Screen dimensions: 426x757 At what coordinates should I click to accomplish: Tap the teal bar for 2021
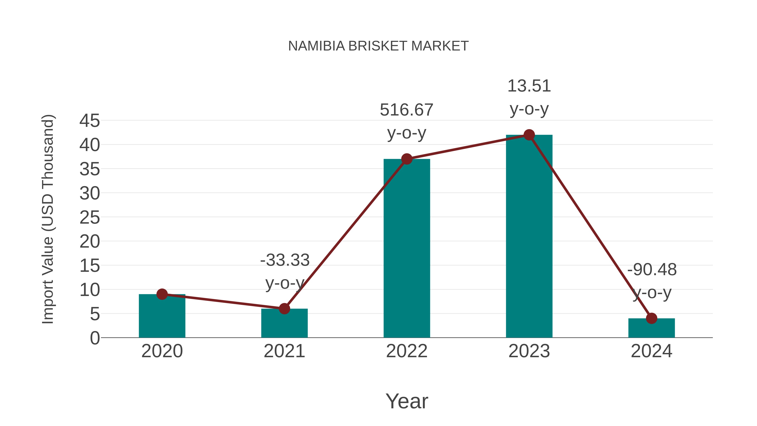(x=284, y=325)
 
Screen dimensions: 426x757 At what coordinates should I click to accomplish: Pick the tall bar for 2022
(x=406, y=250)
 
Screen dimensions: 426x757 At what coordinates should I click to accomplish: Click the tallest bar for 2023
(x=529, y=238)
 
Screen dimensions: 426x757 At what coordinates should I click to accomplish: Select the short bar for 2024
(x=651, y=329)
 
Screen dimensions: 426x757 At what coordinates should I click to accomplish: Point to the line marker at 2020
(x=162, y=294)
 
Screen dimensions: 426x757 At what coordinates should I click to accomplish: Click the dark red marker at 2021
(x=284, y=309)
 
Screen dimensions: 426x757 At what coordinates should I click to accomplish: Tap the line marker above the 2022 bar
(x=406, y=159)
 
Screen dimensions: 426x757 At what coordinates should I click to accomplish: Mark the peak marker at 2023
(x=529, y=135)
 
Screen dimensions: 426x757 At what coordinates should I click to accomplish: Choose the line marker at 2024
(x=651, y=318)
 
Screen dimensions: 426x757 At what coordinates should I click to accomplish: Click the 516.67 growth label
(x=406, y=110)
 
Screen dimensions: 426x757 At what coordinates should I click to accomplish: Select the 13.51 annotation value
(x=529, y=86)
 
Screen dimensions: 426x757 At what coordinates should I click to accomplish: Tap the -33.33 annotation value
(x=285, y=260)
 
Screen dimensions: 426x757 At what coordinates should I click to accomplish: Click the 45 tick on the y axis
(x=90, y=121)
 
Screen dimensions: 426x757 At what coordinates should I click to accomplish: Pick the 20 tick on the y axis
(x=90, y=242)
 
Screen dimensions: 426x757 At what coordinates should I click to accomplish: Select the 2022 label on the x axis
(x=406, y=351)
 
